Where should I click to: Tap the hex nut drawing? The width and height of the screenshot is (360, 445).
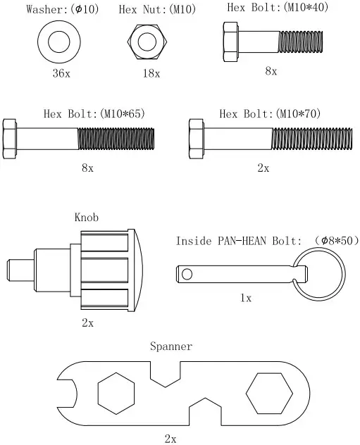(147, 42)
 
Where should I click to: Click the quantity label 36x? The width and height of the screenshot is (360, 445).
(58, 75)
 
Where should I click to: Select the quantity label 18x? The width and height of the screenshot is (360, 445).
(149, 73)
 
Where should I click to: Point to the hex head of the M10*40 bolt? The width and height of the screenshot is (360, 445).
(230, 39)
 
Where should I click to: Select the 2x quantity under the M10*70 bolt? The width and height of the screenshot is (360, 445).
(263, 168)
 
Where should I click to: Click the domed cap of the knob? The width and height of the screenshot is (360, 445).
(138, 270)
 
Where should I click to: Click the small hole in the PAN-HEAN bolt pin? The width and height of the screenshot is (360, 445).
(187, 272)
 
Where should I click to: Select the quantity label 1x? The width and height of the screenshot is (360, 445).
(246, 298)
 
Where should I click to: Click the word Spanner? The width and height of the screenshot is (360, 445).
(170, 346)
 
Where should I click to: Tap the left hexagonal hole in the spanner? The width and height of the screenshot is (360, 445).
(117, 394)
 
